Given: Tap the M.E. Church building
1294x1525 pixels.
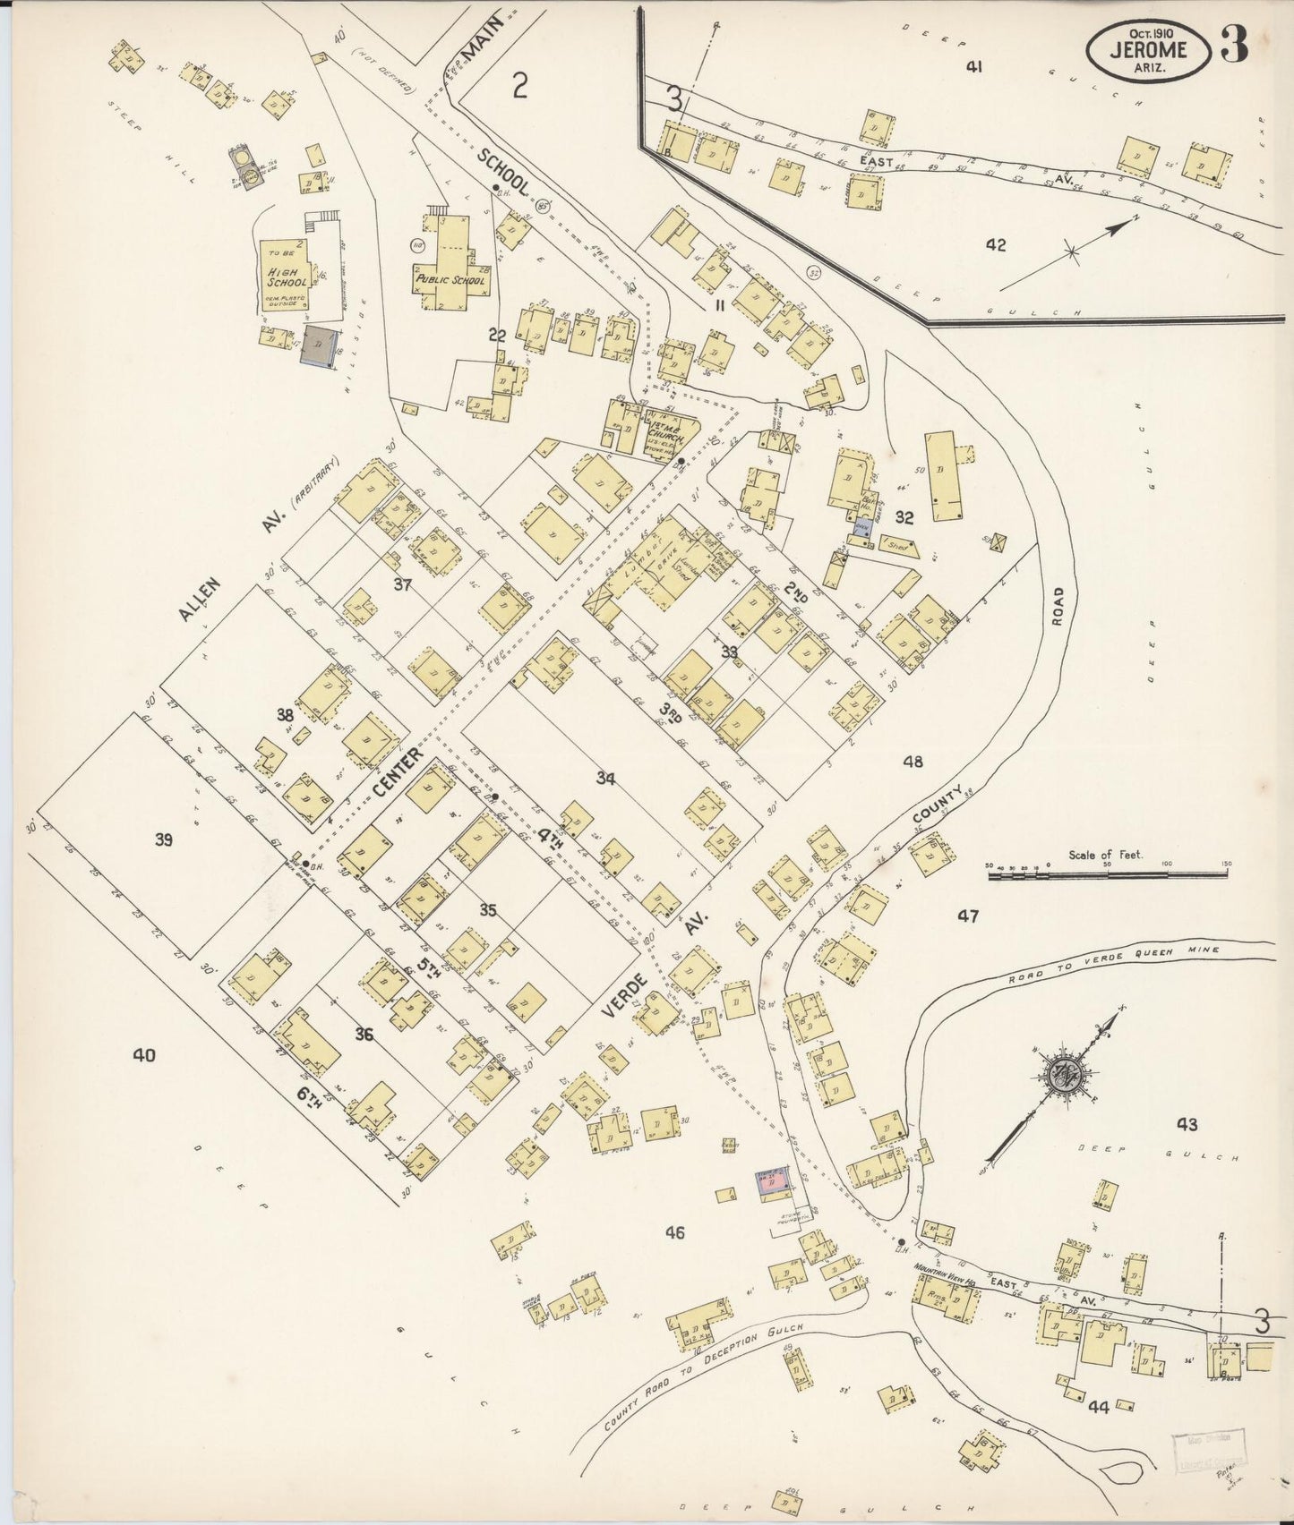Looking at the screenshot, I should pos(663,429).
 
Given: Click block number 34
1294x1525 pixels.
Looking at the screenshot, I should pos(606,779).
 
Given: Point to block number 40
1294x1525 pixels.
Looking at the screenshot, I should pos(143,1055).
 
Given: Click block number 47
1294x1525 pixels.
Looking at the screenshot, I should pos(968,916).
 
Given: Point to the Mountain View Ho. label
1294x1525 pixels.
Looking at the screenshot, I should pos(947,1267).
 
